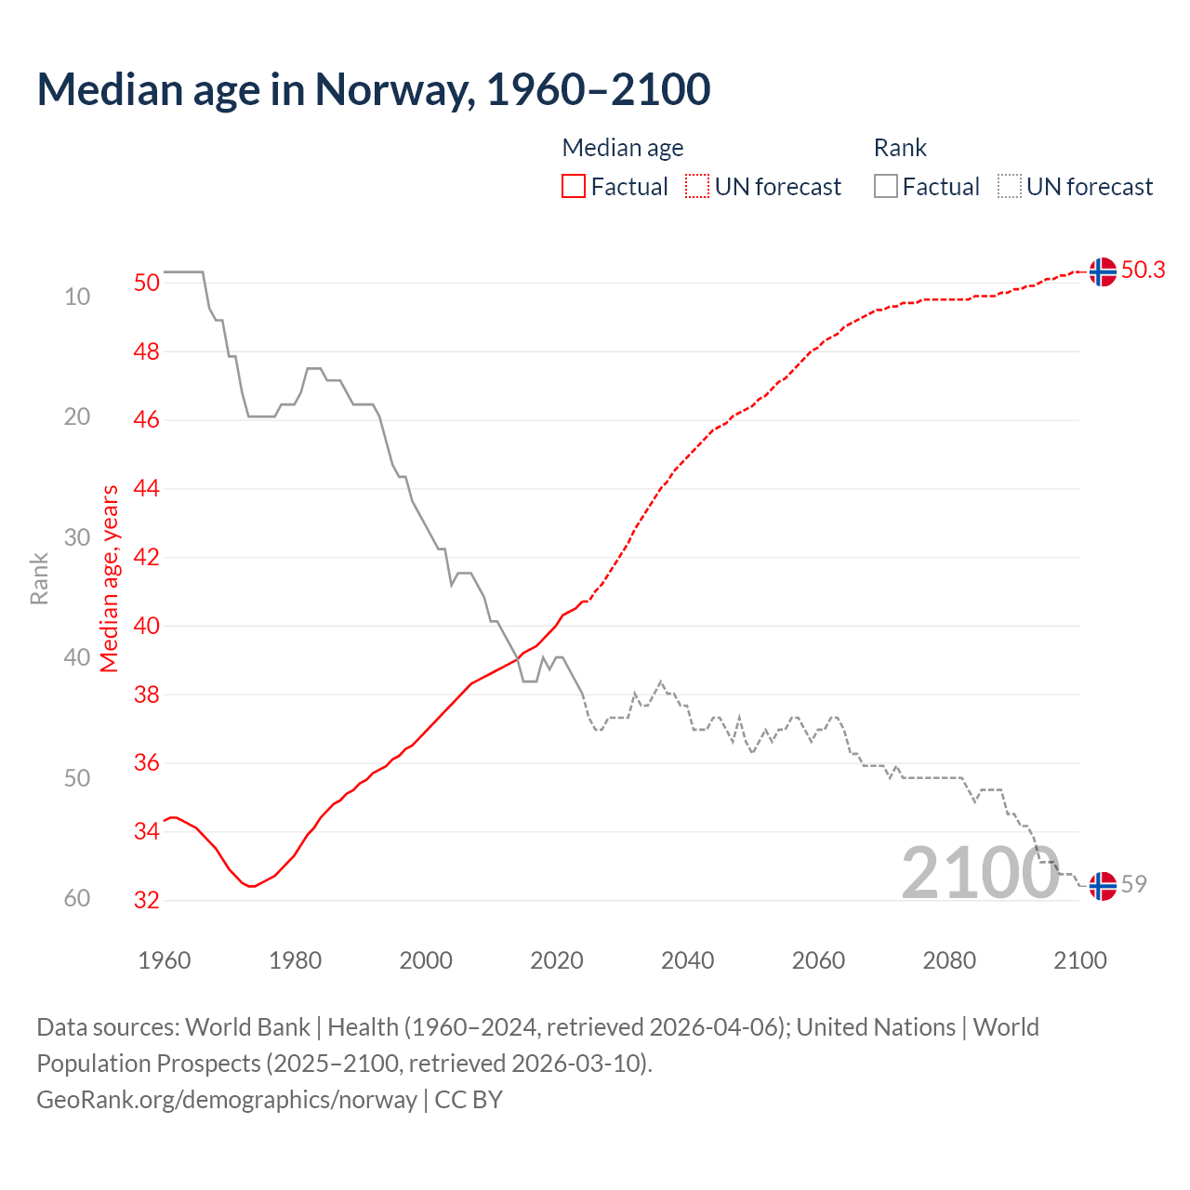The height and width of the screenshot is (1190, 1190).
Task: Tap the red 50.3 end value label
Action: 1143,270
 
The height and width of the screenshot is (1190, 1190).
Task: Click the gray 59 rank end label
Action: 1133,884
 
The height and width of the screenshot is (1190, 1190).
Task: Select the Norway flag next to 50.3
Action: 1103,271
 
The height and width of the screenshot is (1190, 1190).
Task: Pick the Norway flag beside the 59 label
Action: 1103,886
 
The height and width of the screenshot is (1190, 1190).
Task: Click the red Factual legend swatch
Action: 574,187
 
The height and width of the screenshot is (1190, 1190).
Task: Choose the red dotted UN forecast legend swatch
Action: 697,187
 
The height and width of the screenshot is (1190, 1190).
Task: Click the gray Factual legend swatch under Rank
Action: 886,187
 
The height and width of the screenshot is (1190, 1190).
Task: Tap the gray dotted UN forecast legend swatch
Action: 1010,187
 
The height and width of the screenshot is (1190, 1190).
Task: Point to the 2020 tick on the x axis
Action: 556,960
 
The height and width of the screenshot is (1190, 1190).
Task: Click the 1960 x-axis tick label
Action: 164,960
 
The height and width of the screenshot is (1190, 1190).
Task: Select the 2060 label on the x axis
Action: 818,960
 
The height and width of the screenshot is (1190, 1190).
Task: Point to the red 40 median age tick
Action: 146,626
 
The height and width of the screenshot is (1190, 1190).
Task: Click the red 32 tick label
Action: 146,900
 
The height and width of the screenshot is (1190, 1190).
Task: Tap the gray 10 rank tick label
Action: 77,297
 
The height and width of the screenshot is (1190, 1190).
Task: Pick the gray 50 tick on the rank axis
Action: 77,778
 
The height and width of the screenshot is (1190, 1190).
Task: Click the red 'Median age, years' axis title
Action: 110,578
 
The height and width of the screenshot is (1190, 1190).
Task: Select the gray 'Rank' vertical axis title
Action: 39,578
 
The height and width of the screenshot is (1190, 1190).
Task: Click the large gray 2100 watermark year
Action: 980,872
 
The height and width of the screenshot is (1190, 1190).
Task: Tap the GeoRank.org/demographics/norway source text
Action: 227,1100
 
